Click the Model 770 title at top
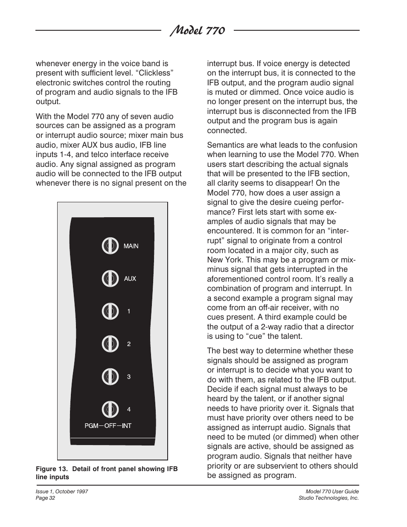coord(197,31)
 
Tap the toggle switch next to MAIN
coord(110,246)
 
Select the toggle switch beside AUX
coord(110,279)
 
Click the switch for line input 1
coord(110,312)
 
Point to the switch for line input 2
coord(110,344)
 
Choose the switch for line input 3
coord(110,377)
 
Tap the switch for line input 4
coord(110,410)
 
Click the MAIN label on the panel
coord(131,246)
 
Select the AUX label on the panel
coord(130,279)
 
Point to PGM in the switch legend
coord(91,426)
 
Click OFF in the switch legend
coord(110,426)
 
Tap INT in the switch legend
coord(127,426)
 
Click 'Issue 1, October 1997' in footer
coord(62,492)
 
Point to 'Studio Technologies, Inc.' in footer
coord(329,498)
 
